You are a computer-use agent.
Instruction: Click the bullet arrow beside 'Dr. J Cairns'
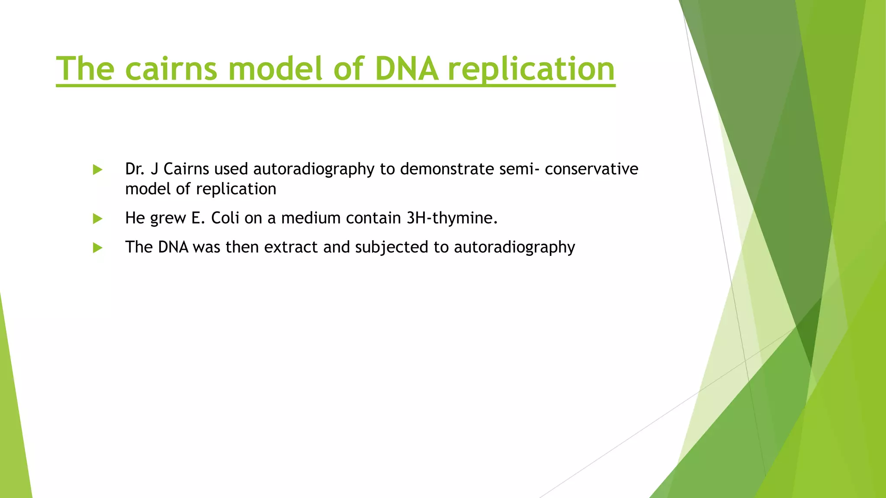[98, 169]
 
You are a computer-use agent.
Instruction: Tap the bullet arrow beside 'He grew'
[98, 219]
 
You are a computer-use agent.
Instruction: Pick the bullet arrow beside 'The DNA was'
[98, 248]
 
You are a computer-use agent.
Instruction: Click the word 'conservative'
[591, 169]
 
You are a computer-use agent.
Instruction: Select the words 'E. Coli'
[215, 218]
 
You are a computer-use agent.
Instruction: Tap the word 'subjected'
[392, 248]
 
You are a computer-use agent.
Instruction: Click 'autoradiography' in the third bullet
[514, 248]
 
